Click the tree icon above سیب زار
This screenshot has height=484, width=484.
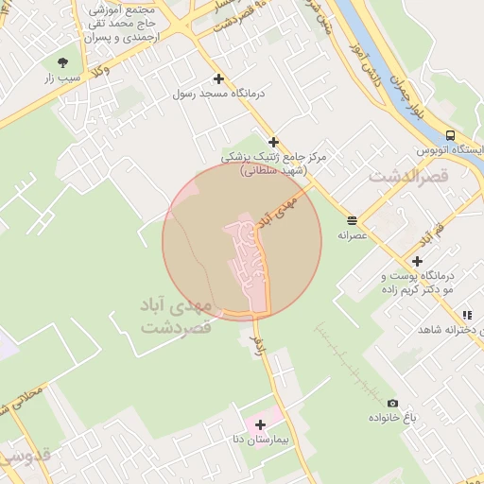(x=63, y=62)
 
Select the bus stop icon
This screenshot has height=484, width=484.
(x=450, y=135)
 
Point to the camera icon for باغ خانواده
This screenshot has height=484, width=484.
(x=392, y=403)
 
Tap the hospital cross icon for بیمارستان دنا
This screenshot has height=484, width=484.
(x=260, y=424)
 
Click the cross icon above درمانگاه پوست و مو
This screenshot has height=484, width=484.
(x=417, y=261)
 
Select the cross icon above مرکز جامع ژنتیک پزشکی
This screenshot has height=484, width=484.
(x=274, y=142)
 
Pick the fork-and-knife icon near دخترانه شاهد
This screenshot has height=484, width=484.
(x=466, y=315)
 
